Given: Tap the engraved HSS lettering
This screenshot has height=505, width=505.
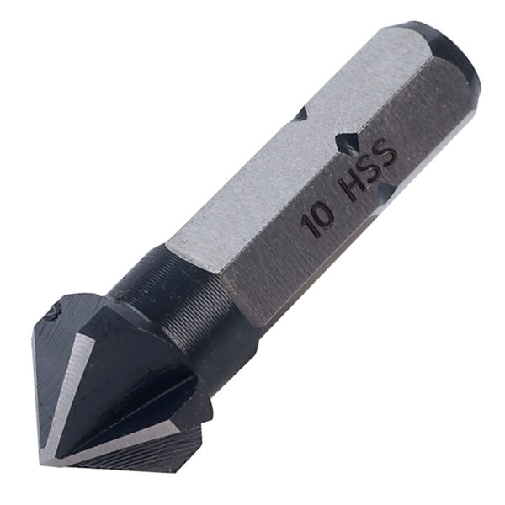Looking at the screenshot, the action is (x=368, y=170).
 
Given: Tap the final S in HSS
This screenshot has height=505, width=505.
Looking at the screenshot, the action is (x=385, y=152).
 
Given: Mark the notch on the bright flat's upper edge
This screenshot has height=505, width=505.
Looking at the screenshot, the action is (x=301, y=114).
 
